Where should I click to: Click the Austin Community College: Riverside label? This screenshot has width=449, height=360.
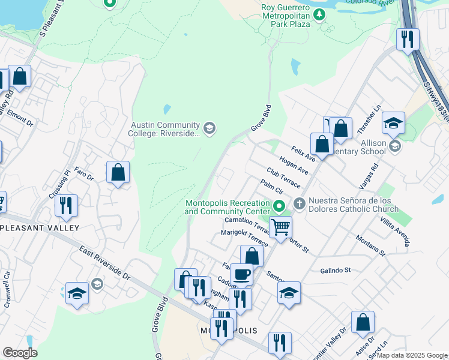pyautogui.click(x=164, y=128)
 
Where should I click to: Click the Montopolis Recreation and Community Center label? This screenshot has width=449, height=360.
pyautogui.click(x=227, y=207)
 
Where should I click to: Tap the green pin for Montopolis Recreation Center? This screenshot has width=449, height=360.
pyautogui.click(x=279, y=206)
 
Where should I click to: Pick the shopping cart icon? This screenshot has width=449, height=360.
pyautogui.click(x=280, y=227)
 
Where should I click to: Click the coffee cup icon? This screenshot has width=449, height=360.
pyautogui.click(x=241, y=274)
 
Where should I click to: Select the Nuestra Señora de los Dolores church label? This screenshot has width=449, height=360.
pyautogui.click(x=354, y=205)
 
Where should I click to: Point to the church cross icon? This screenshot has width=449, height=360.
pyautogui.click(x=299, y=205)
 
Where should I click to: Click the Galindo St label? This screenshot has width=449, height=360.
pyautogui.click(x=335, y=271)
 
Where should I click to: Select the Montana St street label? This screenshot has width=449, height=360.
pyautogui.click(x=369, y=246)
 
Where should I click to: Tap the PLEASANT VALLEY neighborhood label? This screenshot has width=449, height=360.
pyautogui.click(x=40, y=228)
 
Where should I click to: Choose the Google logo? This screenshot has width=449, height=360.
pyautogui.click(x=20, y=353)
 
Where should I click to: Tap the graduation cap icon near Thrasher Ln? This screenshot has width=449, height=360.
pyautogui.click(x=393, y=123)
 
